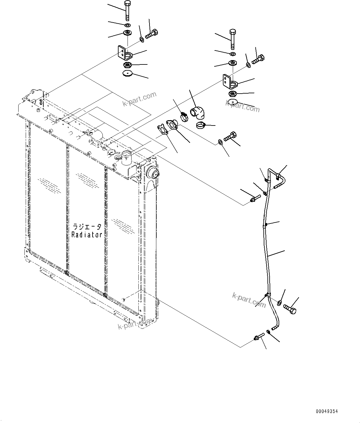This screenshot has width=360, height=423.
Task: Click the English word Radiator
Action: (87, 235)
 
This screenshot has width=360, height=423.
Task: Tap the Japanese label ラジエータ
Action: (87, 227)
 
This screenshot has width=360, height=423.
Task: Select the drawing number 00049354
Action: (327, 412)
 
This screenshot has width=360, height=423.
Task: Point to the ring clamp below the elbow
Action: (201, 126)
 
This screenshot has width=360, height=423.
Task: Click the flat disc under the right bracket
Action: (232, 102)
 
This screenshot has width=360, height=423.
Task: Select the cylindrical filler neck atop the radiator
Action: (127, 157)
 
